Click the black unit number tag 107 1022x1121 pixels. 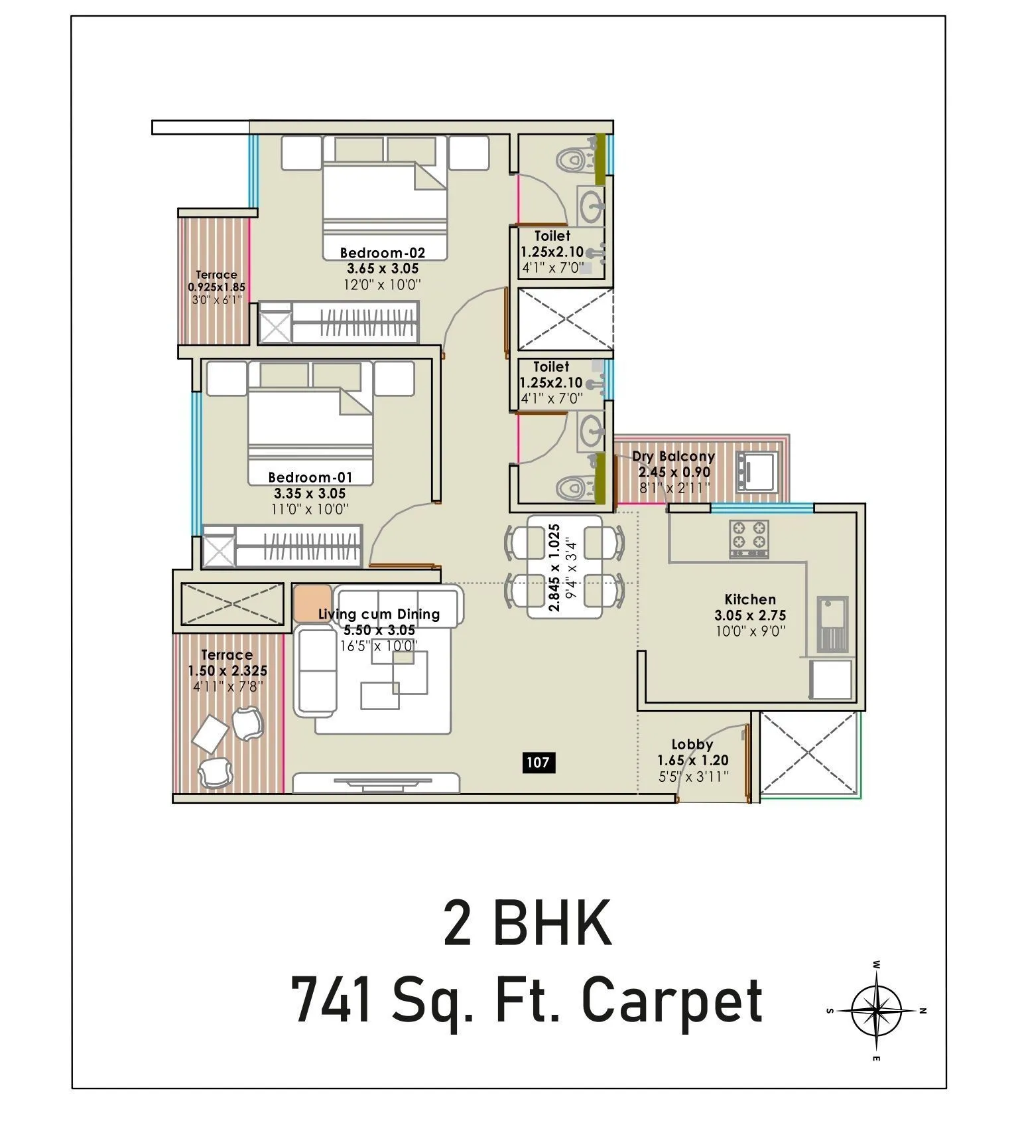[538, 762]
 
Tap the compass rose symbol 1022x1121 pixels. [876, 1010]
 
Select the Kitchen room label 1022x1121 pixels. [749, 599]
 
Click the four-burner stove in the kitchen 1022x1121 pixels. [749, 538]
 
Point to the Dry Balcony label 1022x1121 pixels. [672, 457]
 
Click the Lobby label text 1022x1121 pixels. [692, 744]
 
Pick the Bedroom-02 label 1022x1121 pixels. [382, 252]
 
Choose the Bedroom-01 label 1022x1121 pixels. [310, 477]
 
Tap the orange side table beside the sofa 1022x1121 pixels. [312, 602]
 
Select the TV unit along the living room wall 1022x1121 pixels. [376, 783]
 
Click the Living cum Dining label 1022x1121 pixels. [379, 614]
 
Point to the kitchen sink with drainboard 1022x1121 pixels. [832, 623]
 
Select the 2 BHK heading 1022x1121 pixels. [527, 923]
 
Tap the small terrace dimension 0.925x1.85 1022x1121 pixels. [216, 287]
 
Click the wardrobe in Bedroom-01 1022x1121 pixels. [283, 546]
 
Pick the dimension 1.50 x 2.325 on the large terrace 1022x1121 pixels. [227, 670]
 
